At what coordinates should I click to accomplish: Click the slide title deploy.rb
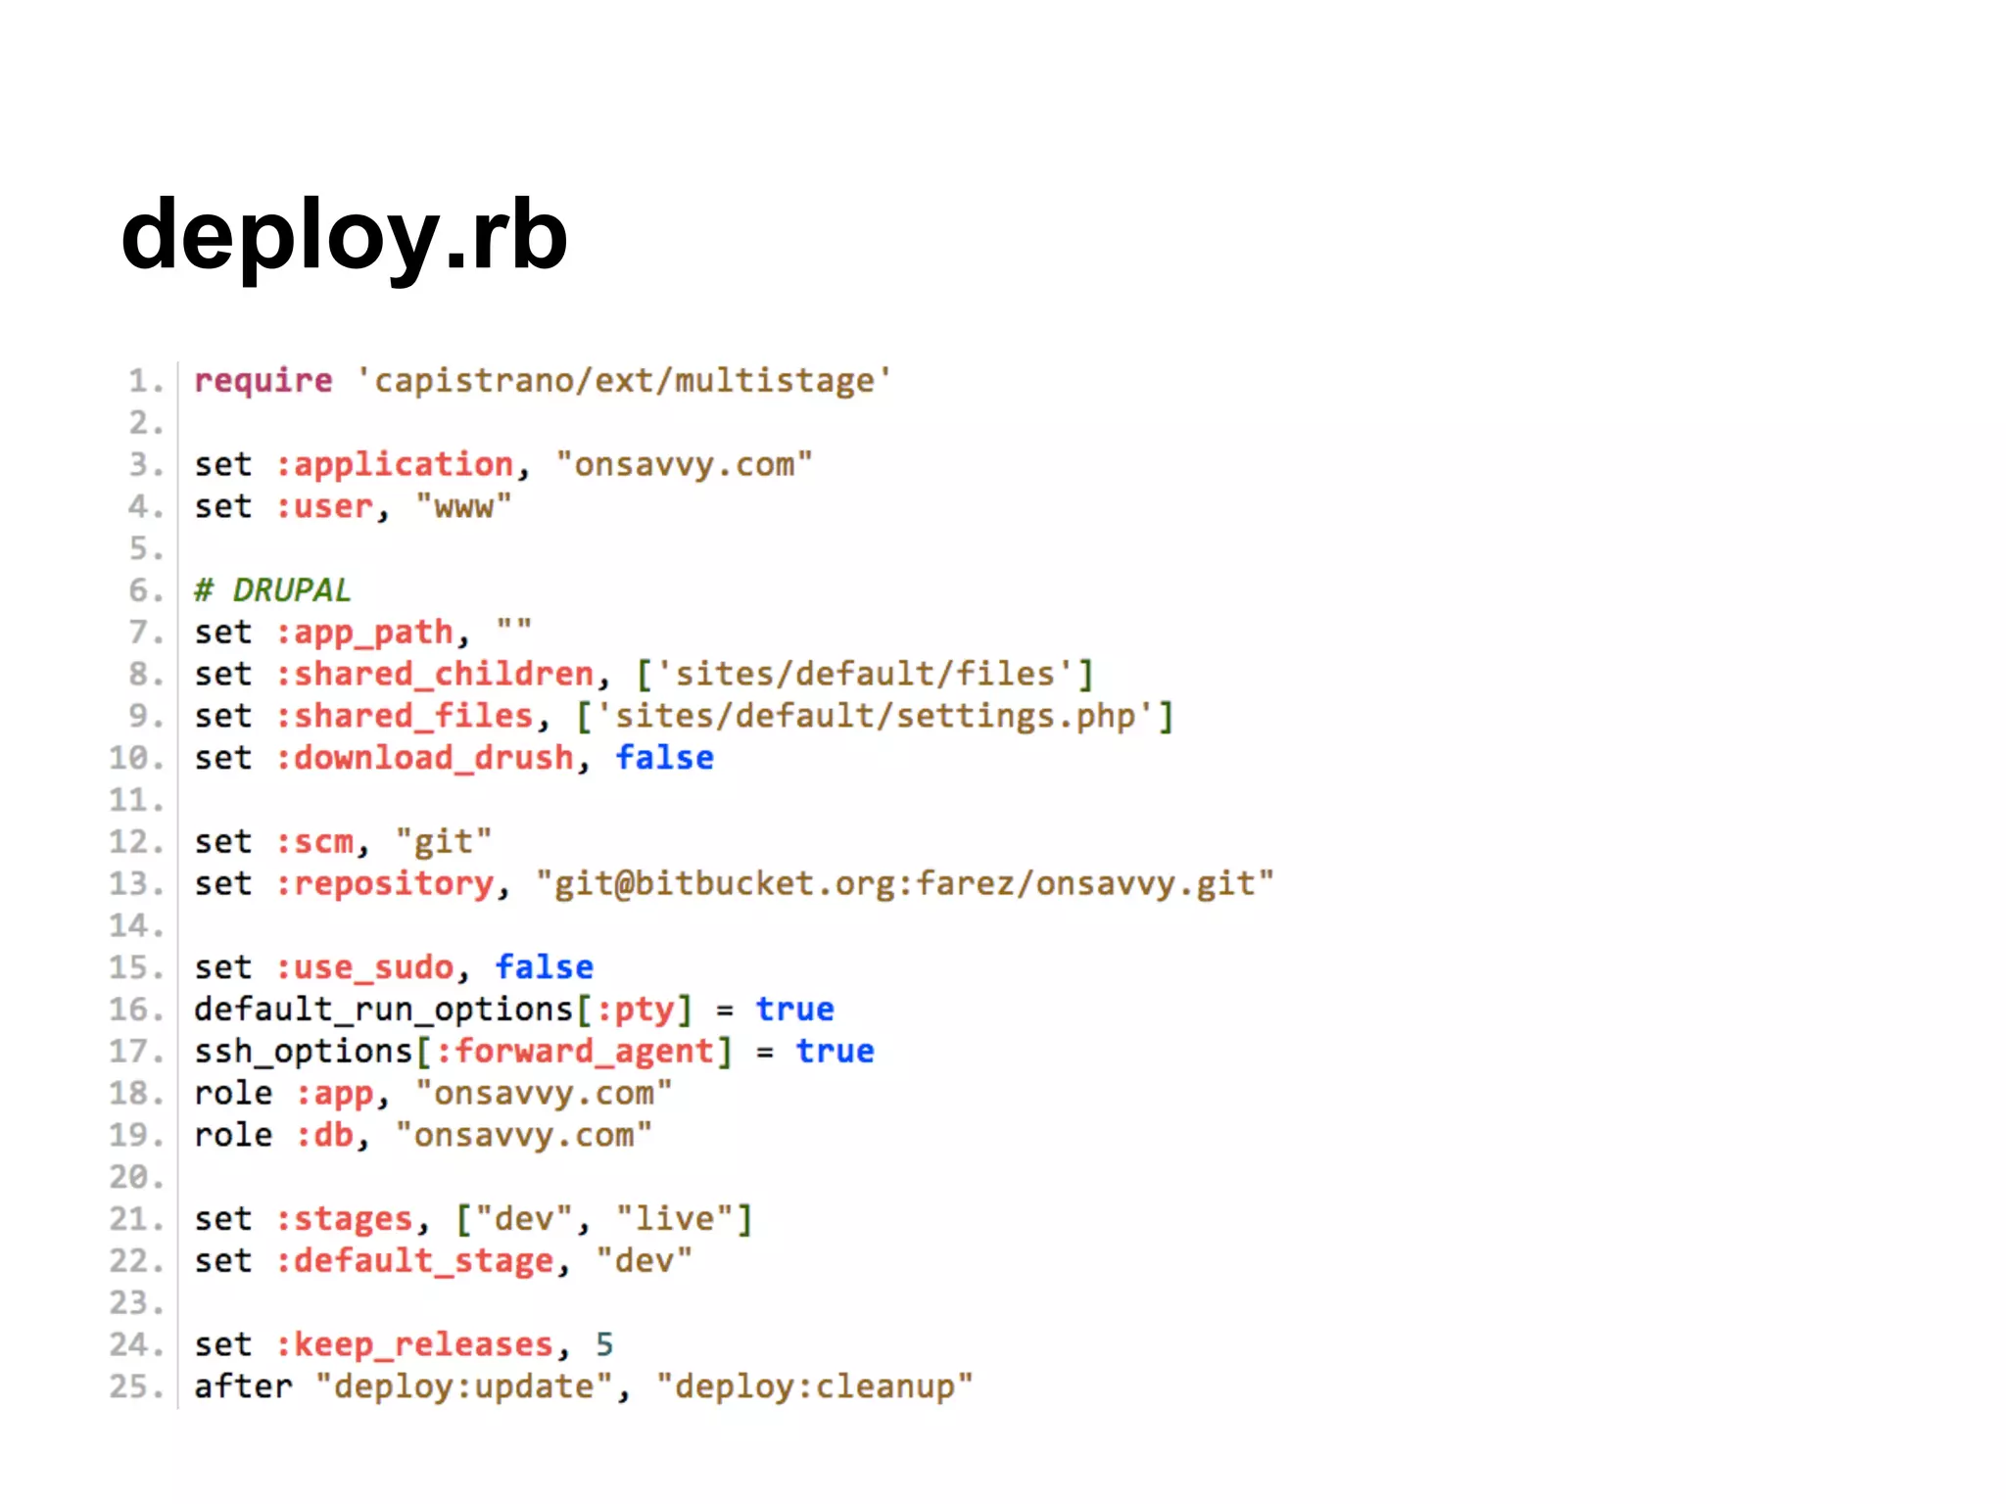click(x=344, y=236)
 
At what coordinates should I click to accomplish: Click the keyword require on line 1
click(x=263, y=380)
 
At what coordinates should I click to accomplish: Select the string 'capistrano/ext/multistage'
click(x=624, y=380)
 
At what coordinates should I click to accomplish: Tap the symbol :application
click(x=395, y=464)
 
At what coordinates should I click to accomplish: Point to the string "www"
click(x=463, y=506)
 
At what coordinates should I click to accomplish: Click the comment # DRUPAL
click(x=272, y=590)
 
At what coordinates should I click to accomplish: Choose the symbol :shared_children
click(x=435, y=674)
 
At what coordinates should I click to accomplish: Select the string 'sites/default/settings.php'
click(x=875, y=716)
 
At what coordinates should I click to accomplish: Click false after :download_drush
click(x=664, y=758)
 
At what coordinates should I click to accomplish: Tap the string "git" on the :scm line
click(x=444, y=842)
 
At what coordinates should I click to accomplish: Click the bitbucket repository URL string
click(x=905, y=884)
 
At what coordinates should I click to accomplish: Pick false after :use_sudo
click(x=545, y=967)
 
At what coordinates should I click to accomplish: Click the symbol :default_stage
click(x=415, y=1261)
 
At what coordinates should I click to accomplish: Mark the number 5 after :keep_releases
click(x=604, y=1345)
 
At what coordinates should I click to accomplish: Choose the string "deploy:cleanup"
click(x=815, y=1387)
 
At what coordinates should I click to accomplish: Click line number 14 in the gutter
click(x=134, y=926)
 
